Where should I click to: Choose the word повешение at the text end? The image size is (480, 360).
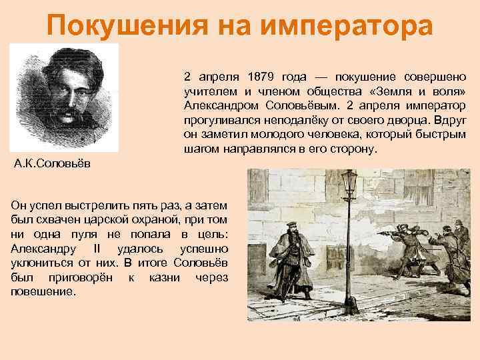point(43,292)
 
